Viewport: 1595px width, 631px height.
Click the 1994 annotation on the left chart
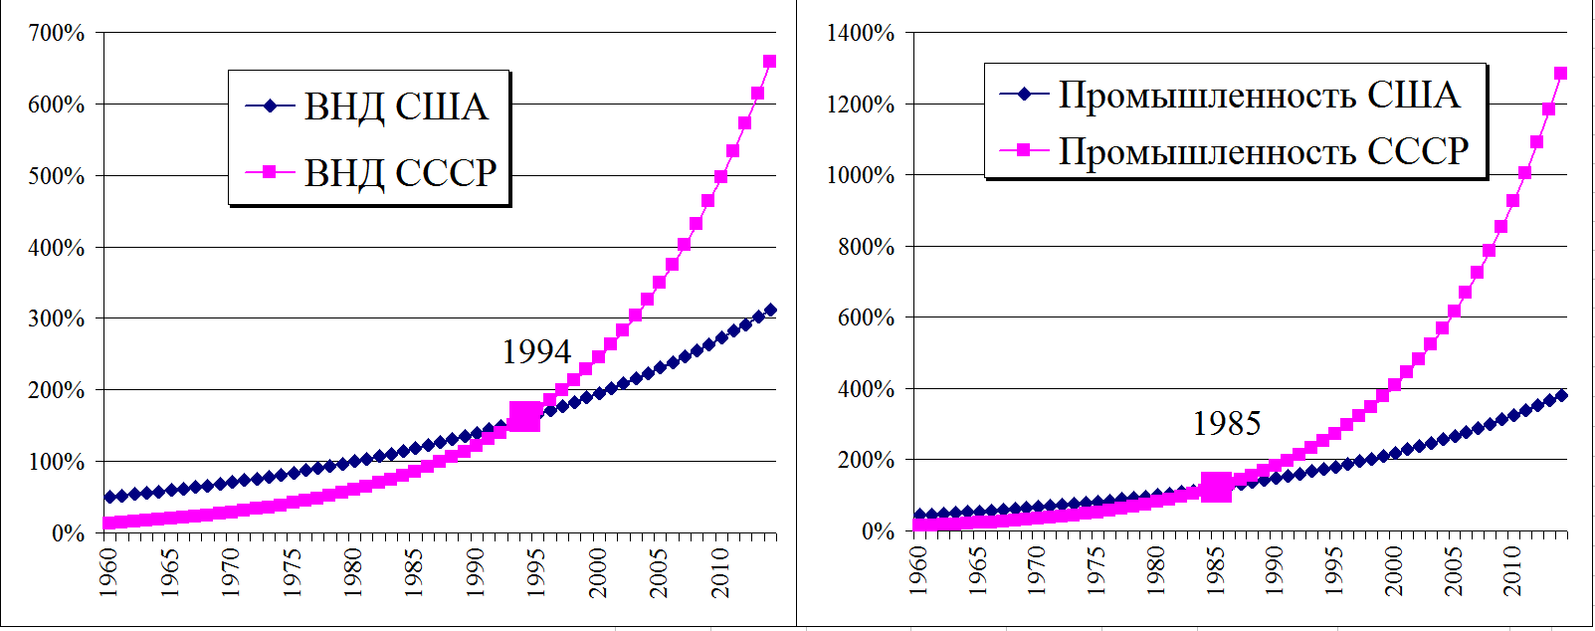tap(536, 351)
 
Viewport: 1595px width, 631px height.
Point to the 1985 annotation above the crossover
tap(1226, 424)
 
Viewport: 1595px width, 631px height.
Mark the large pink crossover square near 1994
tap(524, 416)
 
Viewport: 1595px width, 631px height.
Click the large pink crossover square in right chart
tap(1216, 487)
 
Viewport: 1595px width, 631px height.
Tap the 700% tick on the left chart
tap(58, 33)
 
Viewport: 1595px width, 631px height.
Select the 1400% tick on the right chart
tap(861, 33)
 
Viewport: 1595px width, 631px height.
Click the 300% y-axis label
tap(58, 318)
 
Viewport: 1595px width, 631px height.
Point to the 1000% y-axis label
tap(861, 175)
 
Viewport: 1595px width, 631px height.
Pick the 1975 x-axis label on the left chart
tap(292, 571)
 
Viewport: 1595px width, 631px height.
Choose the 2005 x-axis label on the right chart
tap(1453, 571)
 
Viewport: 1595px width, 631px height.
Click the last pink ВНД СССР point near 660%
tap(769, 62)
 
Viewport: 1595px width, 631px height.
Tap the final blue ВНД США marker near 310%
tap(769, 311)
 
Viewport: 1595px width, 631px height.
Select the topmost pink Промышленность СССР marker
tap(1560, 74)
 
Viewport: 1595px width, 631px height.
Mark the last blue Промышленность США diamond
tap(1560, 395)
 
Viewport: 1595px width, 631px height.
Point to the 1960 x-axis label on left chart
tap(108, 571)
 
